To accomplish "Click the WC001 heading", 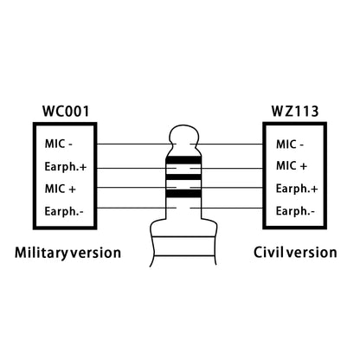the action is click(x=66, y=112).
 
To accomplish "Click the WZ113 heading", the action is click(x=295, y=112).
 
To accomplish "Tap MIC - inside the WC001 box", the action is click(x=59, y=144).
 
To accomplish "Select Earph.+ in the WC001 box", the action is click(x=66, y=167).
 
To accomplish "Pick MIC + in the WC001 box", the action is click(x=61, y=189).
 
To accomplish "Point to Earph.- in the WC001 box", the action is click(x=64, y=211).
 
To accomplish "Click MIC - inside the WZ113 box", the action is click(x=290, y=145).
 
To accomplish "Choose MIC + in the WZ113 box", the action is click(x=292, y=166).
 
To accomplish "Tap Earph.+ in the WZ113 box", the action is click(x=297, y=189).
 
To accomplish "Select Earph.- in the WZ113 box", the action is click(x=295, y=211).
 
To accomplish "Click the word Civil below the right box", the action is click(x=269, y=252).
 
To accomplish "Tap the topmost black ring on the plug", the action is click(x=183, y=159).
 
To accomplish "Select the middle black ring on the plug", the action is click(x=183, y=177).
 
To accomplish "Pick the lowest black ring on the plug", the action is click(x=183, y=194).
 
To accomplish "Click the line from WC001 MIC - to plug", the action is click(x=137, y=144).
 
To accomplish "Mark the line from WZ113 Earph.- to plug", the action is click(x=227, y=208).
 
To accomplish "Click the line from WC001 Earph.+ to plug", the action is click(x=137, y=168).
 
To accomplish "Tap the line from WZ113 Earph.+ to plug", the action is click(x=227, y=188).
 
